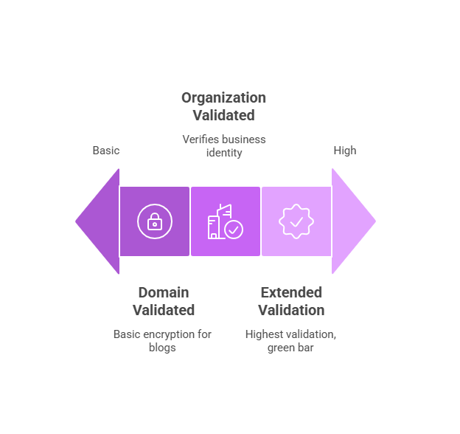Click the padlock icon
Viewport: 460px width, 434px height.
tap(154, 221)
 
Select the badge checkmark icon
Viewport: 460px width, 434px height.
tap(296, 221)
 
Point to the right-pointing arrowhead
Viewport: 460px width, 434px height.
tap(352, 221)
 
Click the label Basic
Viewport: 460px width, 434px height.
tap(106, 151)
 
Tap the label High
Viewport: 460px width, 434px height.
tap(344, 151)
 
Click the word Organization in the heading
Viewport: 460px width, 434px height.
tap(223, 98)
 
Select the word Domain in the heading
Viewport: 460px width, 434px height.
tap(164, 292)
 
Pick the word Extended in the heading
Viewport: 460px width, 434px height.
tap(291, 292)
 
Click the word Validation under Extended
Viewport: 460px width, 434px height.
tap(291, 310)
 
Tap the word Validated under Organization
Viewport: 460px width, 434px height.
tap(223, 116)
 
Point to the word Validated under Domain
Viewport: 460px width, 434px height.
tap(164, 310)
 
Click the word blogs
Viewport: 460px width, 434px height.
tap(162, 348)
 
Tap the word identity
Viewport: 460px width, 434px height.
tap(223, 153)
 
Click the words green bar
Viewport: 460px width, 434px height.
tap(290, 348)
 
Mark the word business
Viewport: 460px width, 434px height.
tap(244, 139)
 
